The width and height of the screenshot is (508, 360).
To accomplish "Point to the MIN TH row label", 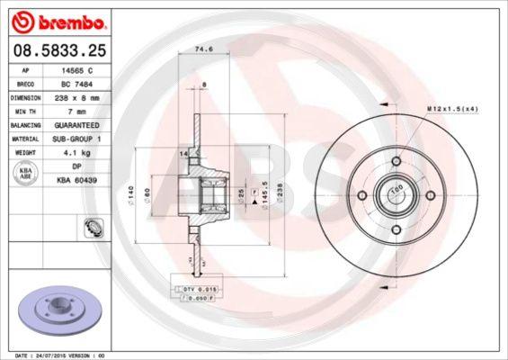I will [23, 111].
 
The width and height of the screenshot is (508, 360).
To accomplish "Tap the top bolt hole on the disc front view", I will [397, 160].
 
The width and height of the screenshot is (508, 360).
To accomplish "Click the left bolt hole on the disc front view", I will [362, 195].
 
